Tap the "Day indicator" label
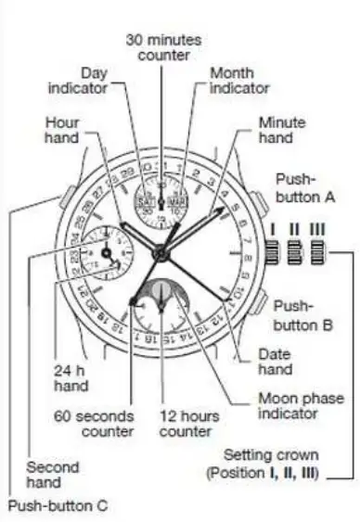tap(94, 80)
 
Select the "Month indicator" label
tap(237, 80)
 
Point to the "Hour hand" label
tap(61, 130)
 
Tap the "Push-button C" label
tap(57, 506)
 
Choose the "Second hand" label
tap(52, 474)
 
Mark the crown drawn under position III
tap(317, 251)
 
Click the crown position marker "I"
tap(271, 227)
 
